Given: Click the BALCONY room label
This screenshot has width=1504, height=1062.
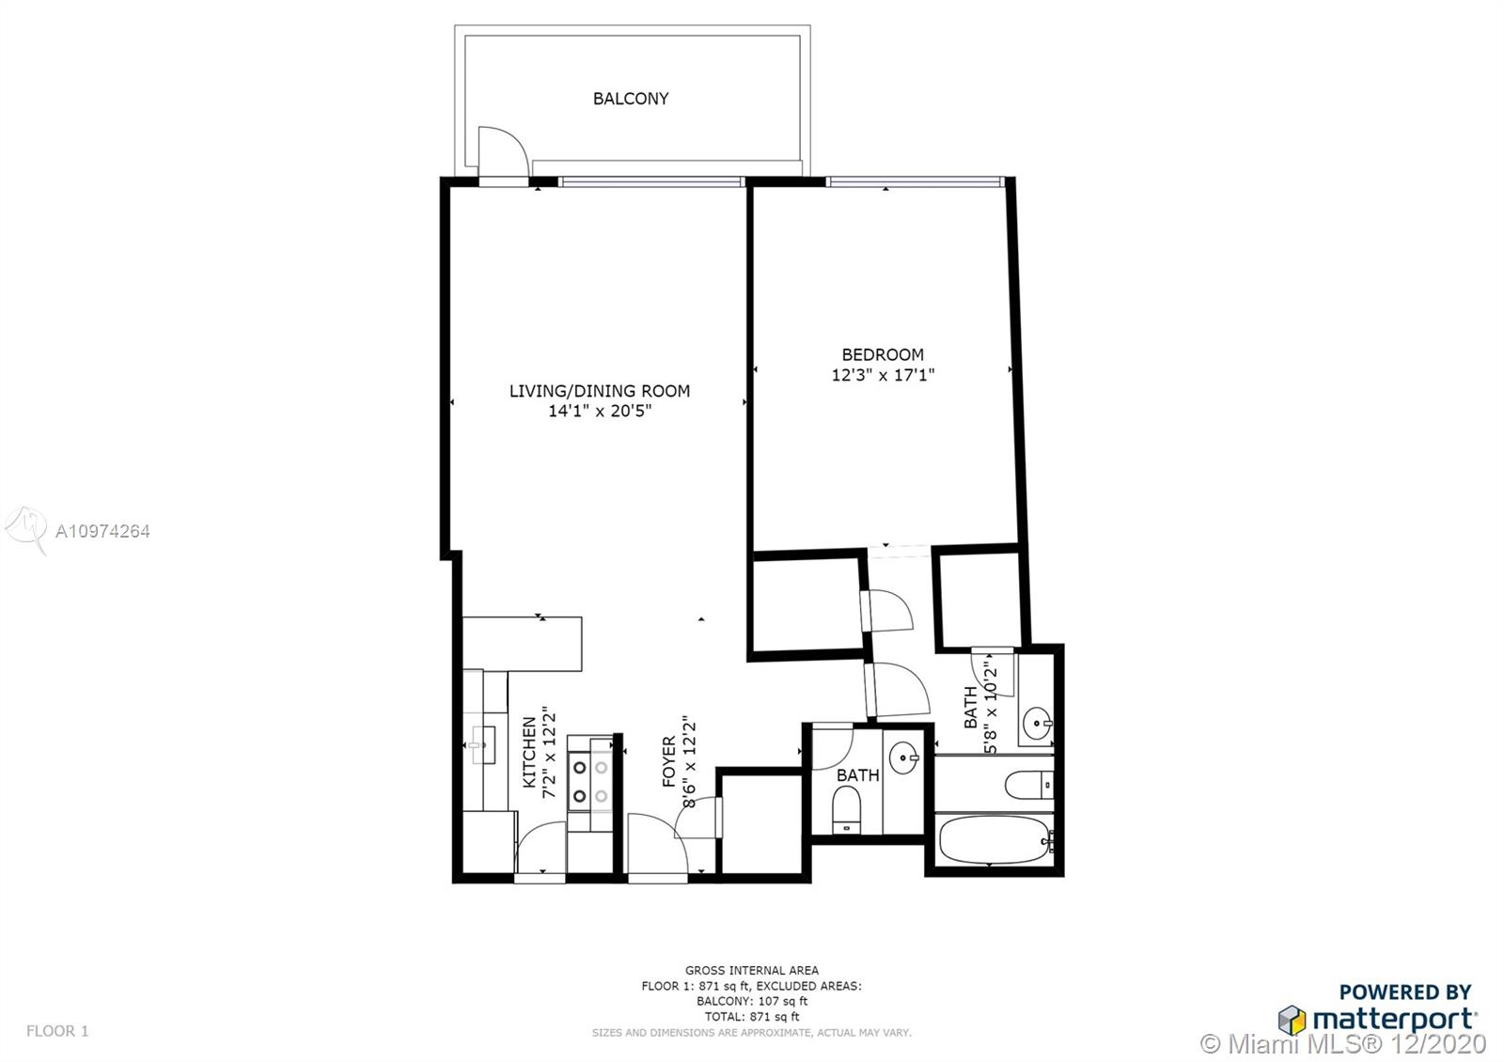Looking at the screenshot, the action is (631, 99).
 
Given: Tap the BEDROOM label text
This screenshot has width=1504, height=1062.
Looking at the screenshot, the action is (883, 354).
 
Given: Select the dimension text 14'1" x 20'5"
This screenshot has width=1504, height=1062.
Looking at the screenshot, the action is (600, 411).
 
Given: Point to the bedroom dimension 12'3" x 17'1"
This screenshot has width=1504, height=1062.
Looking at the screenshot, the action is (883, 375).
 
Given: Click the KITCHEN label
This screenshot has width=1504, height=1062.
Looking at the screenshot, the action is (530, 752).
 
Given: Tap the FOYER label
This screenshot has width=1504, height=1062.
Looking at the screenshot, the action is (668, 761).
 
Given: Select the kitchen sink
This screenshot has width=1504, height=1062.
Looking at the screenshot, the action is (479, 744).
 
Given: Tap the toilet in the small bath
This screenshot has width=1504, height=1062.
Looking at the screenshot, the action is (847, 809).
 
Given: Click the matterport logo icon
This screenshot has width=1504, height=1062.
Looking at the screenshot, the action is (1292, 1020).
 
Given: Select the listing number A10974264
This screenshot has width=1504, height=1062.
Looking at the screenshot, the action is (102, 531).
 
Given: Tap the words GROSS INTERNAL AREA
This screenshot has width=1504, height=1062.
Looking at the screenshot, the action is (751, 970).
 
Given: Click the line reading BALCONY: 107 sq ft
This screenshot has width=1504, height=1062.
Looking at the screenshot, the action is (751, 1001).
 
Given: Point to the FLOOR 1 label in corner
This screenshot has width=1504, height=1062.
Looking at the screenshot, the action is (57, 1030).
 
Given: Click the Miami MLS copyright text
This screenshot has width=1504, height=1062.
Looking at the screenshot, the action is (1343, 1044).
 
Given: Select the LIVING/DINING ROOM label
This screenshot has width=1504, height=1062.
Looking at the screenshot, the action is (600, 391).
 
